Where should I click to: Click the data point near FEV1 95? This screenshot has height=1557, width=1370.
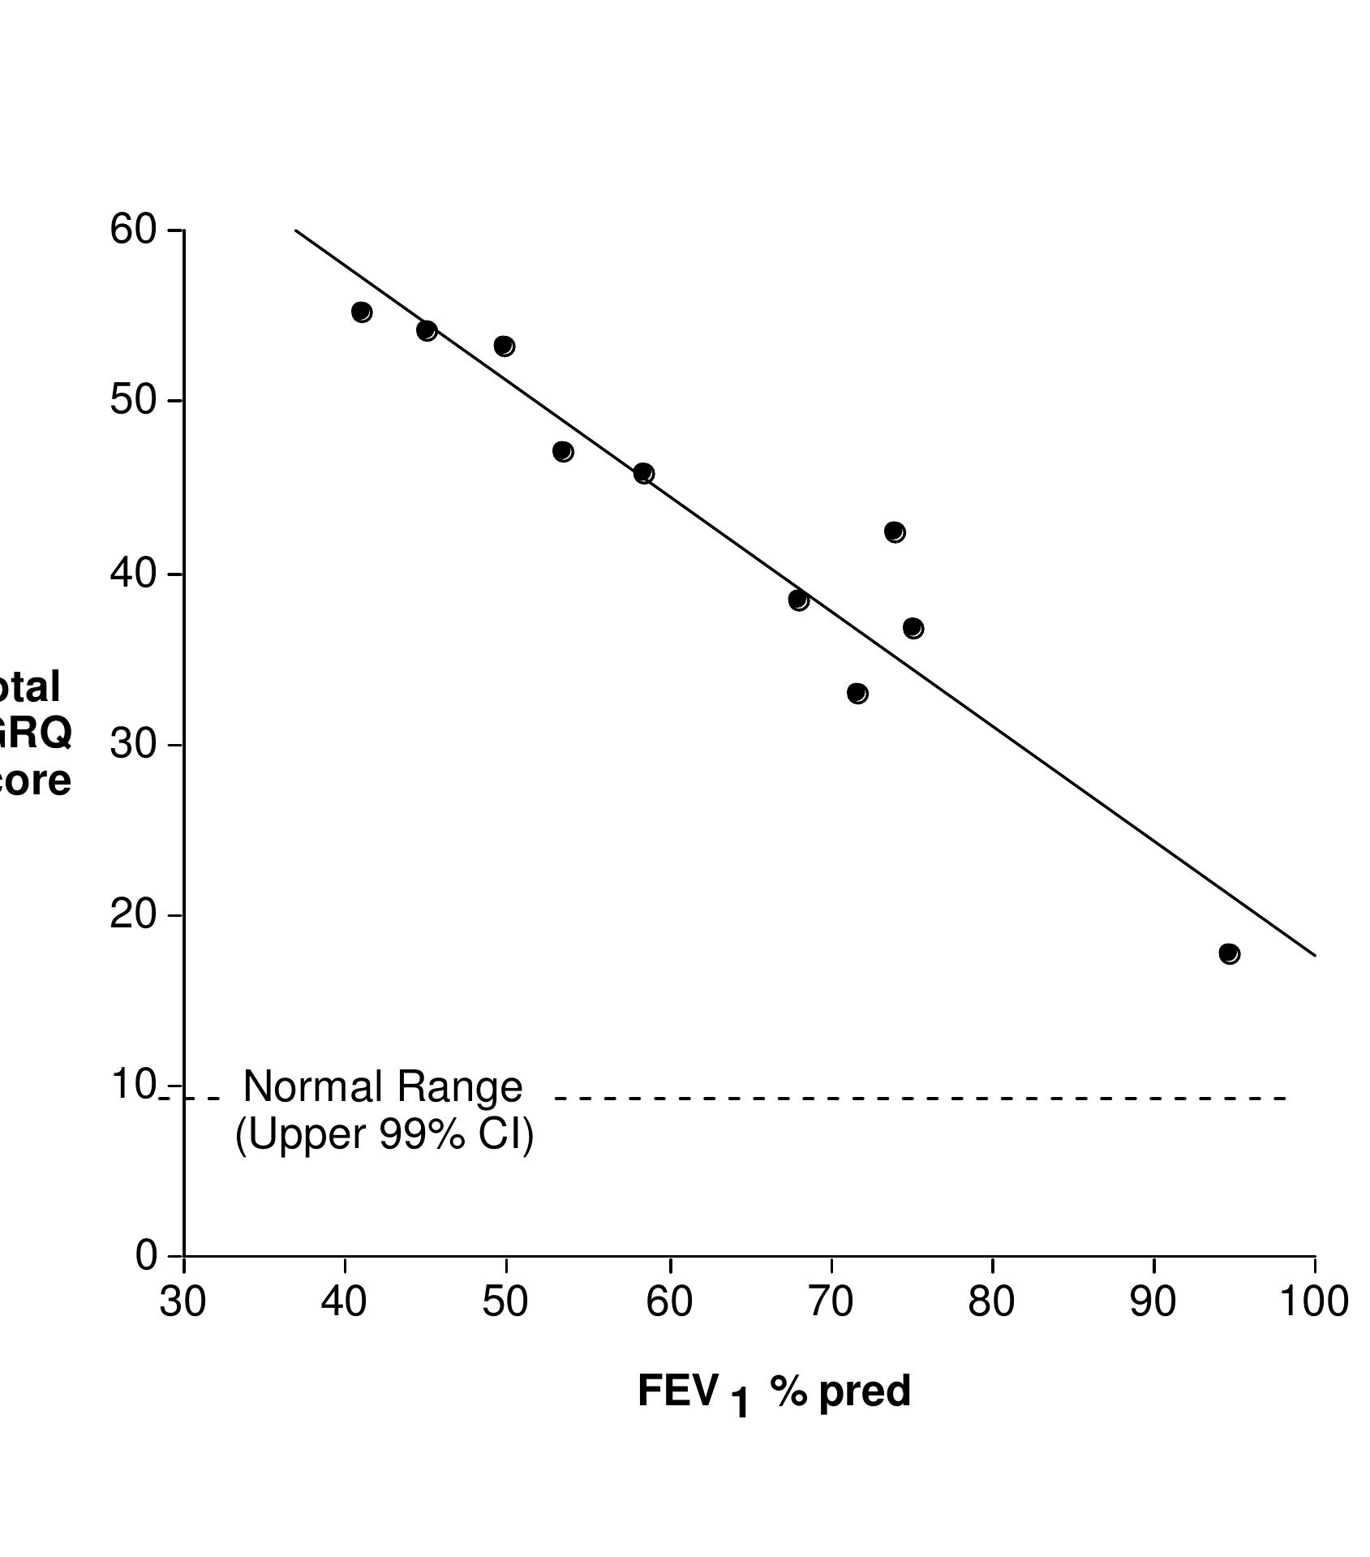click(x=1229, y=953)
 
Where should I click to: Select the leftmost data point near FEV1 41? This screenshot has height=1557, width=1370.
click(x=362, y=312)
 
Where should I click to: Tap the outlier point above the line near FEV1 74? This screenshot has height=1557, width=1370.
click(x=895, y=531)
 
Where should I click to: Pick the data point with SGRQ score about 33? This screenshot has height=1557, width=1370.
click(x=857, y=693)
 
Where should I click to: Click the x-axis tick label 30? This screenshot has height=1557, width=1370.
click(x=183, y=1301)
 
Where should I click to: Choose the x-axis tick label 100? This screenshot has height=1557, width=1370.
click(x=1314, y=1301)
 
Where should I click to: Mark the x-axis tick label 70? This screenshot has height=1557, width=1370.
click(x=831, y=1301)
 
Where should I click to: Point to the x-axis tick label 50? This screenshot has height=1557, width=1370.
click(x=505, y=1301)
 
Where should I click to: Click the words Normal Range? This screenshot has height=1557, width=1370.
click(x=383, y=1086)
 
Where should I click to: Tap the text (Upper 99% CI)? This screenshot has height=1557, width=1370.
click(x=384, y=1133)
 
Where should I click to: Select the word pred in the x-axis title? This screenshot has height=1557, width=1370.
click(x=865, y=1391)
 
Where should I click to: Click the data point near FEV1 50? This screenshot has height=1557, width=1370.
click(x=504, y=346)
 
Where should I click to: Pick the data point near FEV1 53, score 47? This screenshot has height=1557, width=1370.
click(x=563, y=451)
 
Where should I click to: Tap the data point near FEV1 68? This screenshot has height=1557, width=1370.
click(x=798, y=600)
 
